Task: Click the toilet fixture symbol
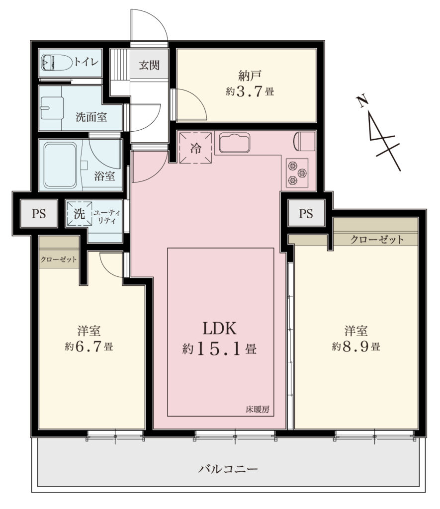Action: tap(57, 62)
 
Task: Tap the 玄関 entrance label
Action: tap(149, 65)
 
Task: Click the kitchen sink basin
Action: tap(235, 143)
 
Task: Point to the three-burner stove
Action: tap(297, 173)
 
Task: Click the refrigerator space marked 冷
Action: tap(196, 148)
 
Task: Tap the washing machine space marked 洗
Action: tap(79, 214)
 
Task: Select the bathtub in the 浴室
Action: tap(60, 165)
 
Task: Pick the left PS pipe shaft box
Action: tap(39, 214)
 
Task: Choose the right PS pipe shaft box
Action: tap(306, 213)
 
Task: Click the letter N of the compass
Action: tap(363, 101)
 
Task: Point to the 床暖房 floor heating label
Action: tap(258, 410)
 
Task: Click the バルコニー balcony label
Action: tap(228, 469)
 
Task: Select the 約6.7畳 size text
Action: tap(89, 346)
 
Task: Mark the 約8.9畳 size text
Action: tap(356, 346)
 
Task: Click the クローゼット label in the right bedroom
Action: tap(377, 240)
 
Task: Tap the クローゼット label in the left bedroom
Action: tap(59, 259)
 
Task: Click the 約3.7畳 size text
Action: tap(250, 91)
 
